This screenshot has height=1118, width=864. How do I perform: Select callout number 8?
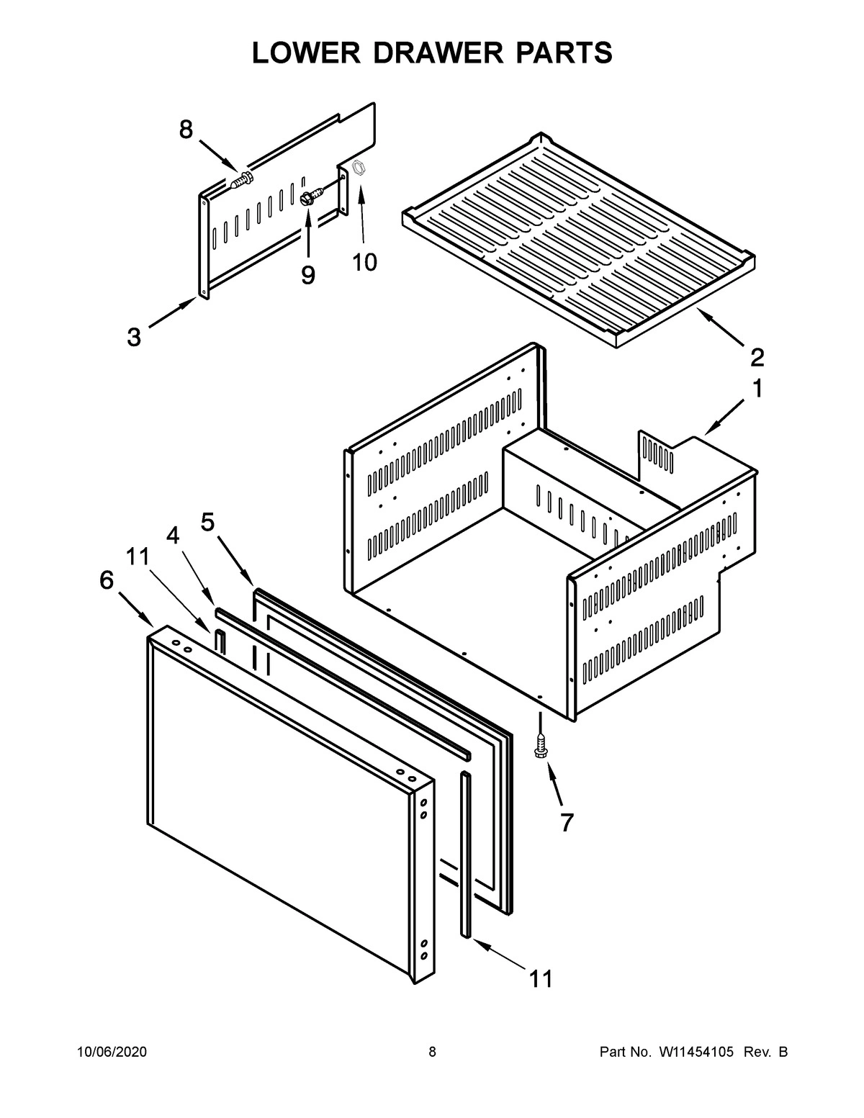186,130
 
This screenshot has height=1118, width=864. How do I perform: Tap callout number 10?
365,263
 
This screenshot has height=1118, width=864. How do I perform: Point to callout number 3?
134,337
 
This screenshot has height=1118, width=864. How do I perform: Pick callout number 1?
757,389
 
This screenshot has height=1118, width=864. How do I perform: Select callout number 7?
567,823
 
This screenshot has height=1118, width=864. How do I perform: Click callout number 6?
107,580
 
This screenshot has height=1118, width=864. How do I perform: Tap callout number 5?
208,522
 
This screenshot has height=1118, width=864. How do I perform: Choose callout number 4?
173,535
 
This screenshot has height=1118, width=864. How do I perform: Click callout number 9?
308,275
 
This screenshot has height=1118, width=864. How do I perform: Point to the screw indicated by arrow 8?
243,178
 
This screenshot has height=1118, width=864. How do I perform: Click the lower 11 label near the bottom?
541,978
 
